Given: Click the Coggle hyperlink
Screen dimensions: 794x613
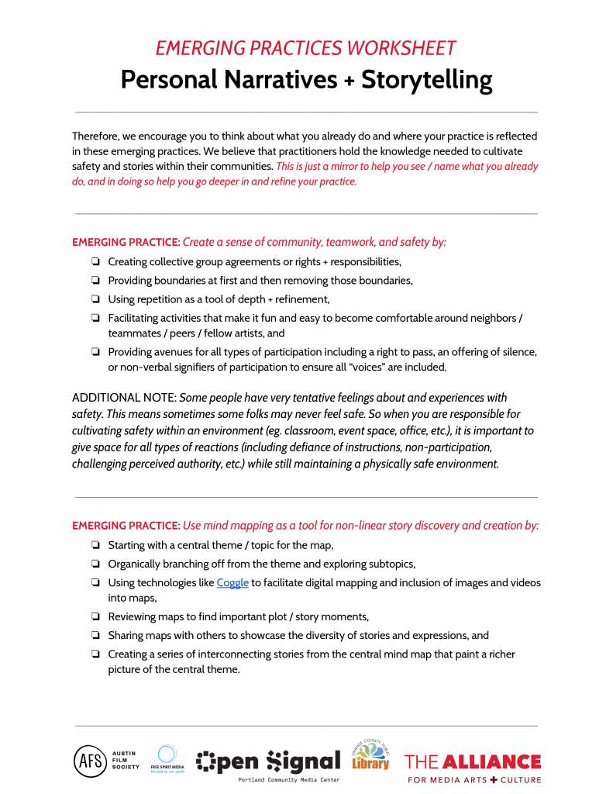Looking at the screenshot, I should coord(232,583).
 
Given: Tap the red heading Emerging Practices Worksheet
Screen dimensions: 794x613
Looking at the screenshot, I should coord(306,48).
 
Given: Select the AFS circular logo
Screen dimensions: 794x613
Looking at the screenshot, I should coord(90,761).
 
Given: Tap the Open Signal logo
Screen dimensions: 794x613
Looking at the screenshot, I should coord(268,762).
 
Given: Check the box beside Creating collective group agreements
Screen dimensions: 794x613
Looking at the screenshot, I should coord(95,262).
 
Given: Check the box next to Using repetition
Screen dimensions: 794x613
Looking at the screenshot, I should coord(95,299).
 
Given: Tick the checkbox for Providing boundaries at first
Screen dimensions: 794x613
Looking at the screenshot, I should coord(95,281).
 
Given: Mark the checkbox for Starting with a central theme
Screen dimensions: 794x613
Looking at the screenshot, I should coord(95,545).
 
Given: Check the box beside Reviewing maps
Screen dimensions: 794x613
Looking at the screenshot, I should coord(95,617).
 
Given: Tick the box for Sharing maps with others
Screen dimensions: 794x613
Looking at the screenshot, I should coord(95,636).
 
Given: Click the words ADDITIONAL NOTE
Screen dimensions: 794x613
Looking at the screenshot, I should coord(124,398).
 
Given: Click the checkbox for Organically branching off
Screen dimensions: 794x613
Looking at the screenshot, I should coord(95,564).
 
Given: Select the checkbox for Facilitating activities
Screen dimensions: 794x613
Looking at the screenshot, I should coord(95,318).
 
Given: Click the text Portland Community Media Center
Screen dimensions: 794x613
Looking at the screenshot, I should coord(288,779).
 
